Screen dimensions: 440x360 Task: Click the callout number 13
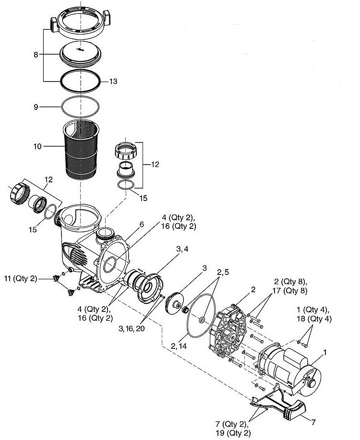(113, 81)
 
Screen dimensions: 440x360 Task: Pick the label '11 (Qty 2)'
(20, 278)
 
